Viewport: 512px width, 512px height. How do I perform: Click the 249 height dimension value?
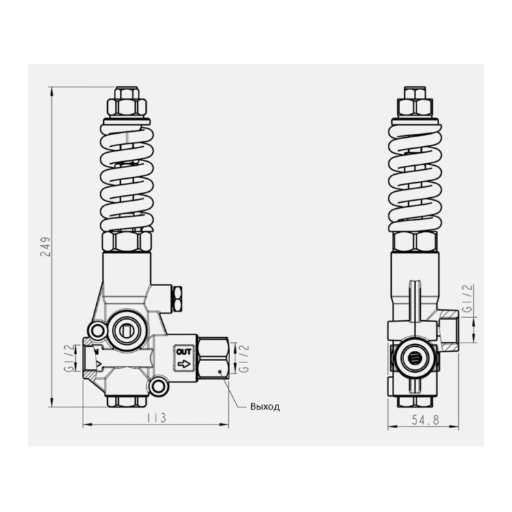click(x=46, y=246)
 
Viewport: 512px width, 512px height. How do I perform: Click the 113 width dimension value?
click(x=156, y=418)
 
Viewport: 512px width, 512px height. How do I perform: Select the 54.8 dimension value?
click(x=425, y=420)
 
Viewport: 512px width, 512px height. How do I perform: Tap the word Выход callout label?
click(x=265, y=407)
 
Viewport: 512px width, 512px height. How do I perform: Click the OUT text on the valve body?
click(x=184, y=352)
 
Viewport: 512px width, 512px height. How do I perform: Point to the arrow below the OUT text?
click(x=184, y=363)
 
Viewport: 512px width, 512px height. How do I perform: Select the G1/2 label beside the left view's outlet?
click(x=244, y=358)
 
